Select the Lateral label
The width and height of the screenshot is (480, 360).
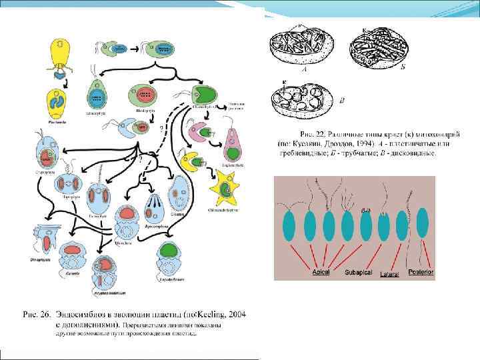[389, 273]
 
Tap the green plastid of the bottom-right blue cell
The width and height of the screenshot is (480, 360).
[169, 252]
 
